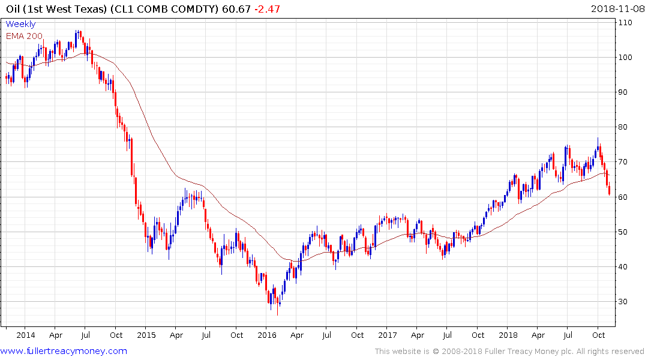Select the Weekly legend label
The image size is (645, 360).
click(x=20, y=24)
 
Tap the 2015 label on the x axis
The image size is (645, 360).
click(x=146, y=335)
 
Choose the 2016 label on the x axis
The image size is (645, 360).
click(x=267, y=335)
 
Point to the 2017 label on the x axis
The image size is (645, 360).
click(x=388, y=335)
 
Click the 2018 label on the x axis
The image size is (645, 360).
click(x=508, y=335)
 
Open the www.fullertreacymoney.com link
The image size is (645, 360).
click(x=64, y=351)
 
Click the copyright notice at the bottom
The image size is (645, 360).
click(x=509, y=351)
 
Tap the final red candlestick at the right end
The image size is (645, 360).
click(x=610, y=190)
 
